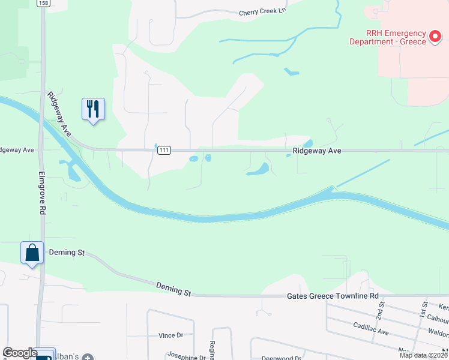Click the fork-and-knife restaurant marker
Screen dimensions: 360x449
pyautogui.click(x=93, y=109)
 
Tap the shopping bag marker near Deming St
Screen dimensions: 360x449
pyautogui.click(x=32, y=253)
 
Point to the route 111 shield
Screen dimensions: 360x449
pyautogui.click(x=163, y=151)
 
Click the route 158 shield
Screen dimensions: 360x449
pyautogui.click(x=43, y=3)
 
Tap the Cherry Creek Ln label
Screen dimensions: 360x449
pyautogui.click(x=260, y=12)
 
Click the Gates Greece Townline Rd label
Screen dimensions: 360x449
pyautogui.click(x=333, y=296)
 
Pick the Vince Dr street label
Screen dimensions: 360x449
pyautogui.click(x=170, y=335)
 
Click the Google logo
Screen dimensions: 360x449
pyautogui.click(x=20, y=353)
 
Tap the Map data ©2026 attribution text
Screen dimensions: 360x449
pyautogui.click(x=423, y=355)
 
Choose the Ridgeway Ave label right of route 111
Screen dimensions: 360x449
pyautogui.click(x=317, y=151)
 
